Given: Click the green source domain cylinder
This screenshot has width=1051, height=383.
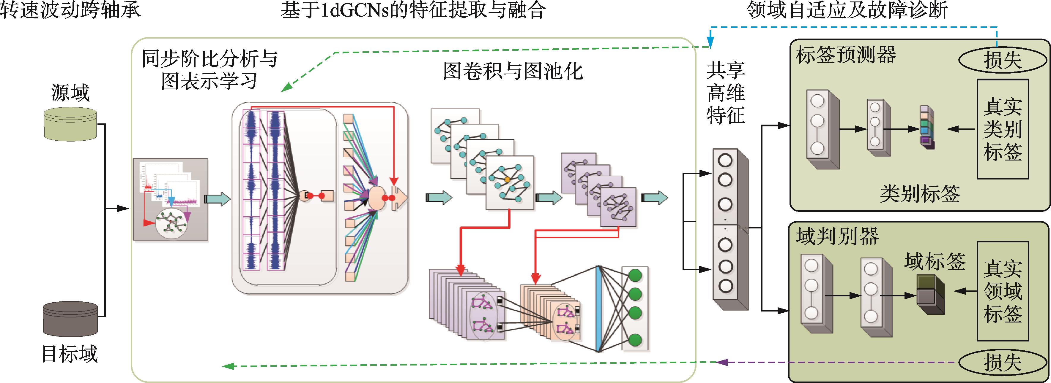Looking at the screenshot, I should pos(70,124).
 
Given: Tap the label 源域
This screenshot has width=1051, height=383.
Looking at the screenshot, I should pos(70,93).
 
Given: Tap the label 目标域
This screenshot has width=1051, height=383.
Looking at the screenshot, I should pos(70,354).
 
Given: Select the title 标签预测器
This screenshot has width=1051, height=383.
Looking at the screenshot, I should pos(845,55).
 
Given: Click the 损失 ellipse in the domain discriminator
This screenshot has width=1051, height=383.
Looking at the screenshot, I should pos(1002,362).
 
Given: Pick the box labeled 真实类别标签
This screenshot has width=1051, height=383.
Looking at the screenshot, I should pos(1003,129).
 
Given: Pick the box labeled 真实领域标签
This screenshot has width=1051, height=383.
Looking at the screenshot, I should pos(1003,291).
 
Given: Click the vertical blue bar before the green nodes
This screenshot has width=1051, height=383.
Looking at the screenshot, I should pos(598,309).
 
